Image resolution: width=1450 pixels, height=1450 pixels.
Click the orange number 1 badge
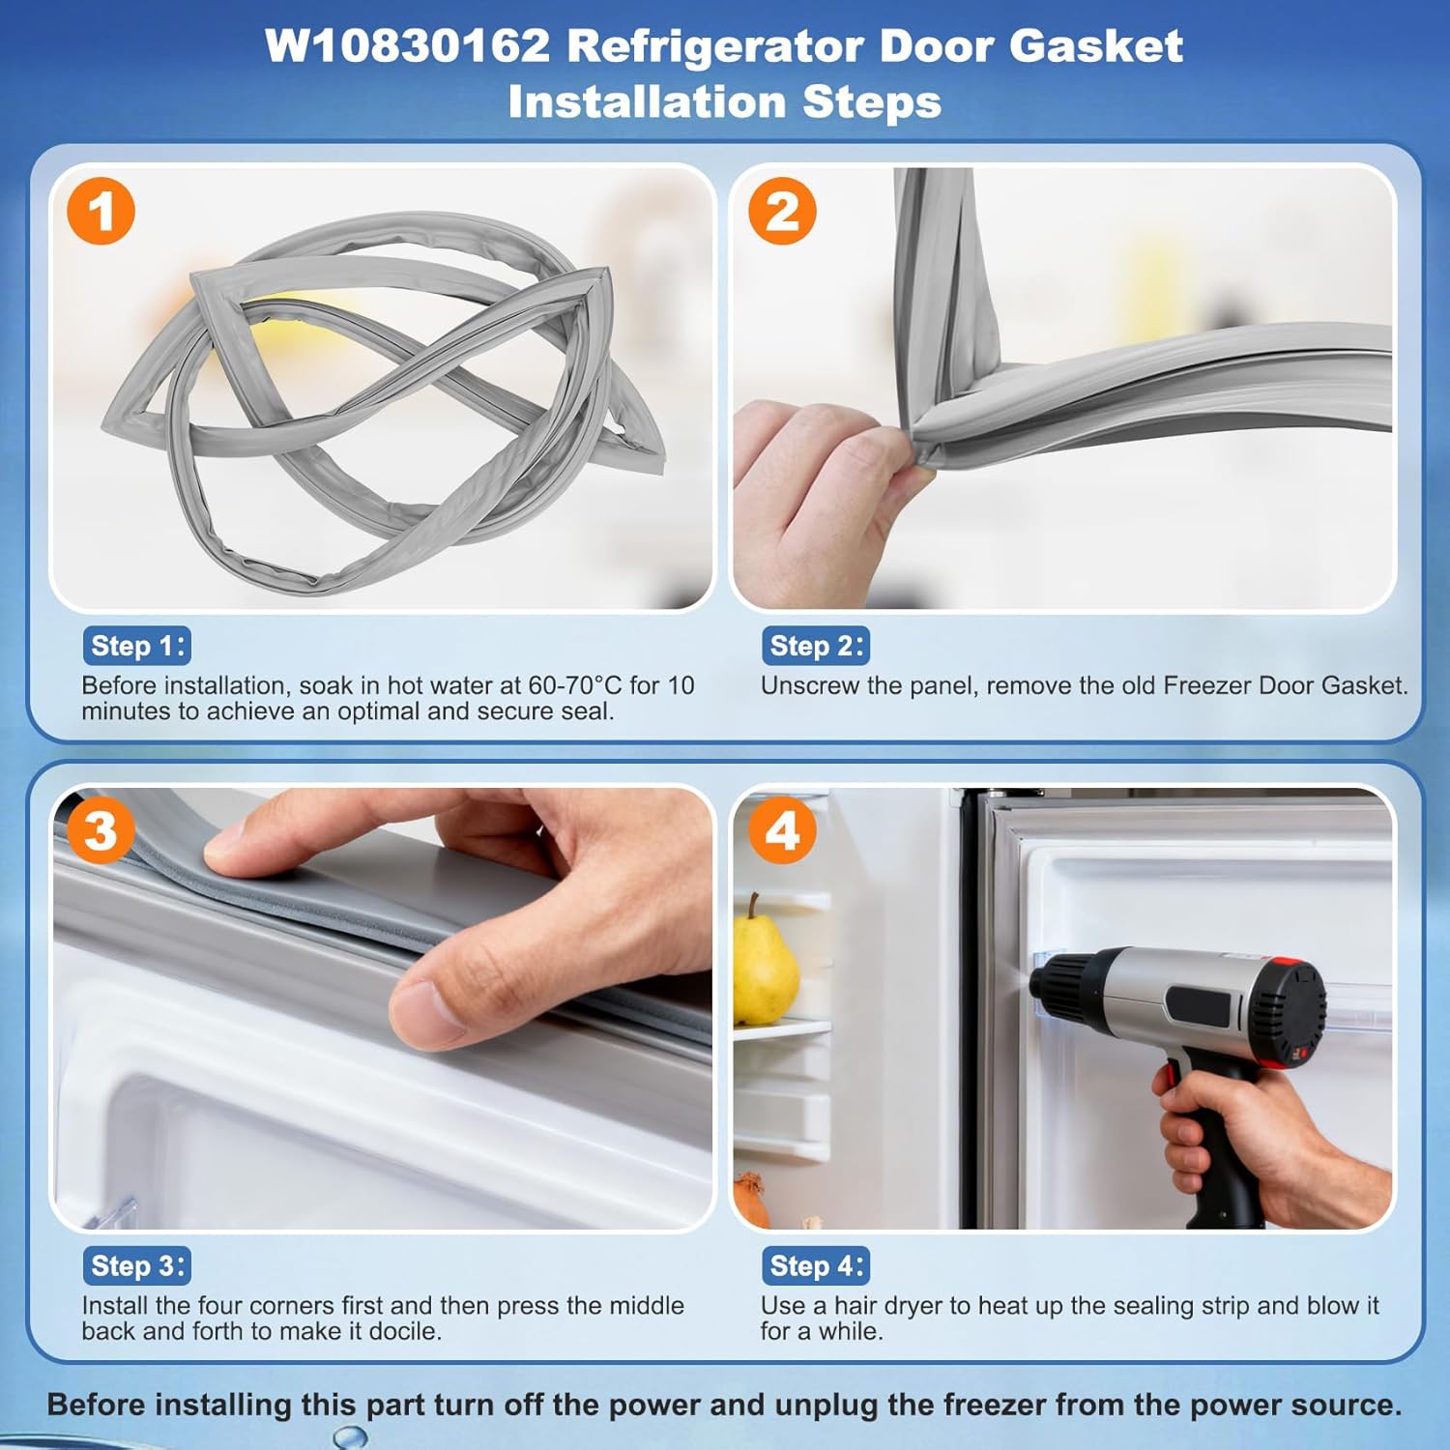pos(101,211)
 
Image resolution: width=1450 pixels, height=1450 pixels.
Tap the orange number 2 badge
pos(782,211)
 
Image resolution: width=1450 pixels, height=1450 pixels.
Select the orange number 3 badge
pos(101,830)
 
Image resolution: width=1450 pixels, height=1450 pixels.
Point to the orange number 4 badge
pos(782,830)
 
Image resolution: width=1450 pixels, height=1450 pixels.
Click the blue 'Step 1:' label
pos(136,646)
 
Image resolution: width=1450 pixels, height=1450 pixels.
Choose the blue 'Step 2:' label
pos(816,646)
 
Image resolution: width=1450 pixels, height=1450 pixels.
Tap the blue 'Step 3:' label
pos(136,1265)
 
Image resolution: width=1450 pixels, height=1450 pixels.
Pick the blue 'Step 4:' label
pos(816,1265)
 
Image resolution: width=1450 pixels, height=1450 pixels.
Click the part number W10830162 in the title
pos(407,46)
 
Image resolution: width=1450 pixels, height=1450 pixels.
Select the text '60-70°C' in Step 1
pos(574,685)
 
